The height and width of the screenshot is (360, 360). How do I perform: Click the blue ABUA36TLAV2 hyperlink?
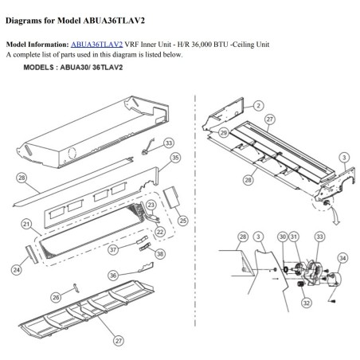tap(96, 45)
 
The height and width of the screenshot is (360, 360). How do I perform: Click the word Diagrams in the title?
tap(23, 21)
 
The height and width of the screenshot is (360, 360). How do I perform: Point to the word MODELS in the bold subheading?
tap(38, 68)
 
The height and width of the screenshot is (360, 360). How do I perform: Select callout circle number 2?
tap(258, 106)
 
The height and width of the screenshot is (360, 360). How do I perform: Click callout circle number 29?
tap(224, 132)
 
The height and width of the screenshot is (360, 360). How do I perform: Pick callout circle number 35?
tap(175, 158)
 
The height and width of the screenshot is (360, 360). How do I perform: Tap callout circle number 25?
tap(183, 221)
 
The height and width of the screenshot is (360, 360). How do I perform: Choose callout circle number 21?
tap(26, 225)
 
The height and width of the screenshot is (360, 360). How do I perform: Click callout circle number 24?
tap(17, 270)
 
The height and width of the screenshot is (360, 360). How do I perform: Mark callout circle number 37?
tap(113, 249)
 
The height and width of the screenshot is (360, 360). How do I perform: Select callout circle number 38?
tap(160, 254)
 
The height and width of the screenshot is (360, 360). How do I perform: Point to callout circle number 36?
tap(113, 276)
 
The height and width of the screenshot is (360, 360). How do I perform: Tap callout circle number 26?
tap(56, 297)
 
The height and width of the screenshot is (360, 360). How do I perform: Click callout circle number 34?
tap(342, 258)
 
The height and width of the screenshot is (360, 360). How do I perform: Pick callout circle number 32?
tap(307, 303)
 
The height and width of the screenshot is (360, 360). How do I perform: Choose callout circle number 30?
tap(283, 237)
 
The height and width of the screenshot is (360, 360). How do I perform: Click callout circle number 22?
tap(160, 232)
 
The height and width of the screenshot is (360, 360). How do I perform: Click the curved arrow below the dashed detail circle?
tap(335, 217)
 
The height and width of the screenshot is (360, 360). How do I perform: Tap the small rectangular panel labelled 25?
tap(171, 198)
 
